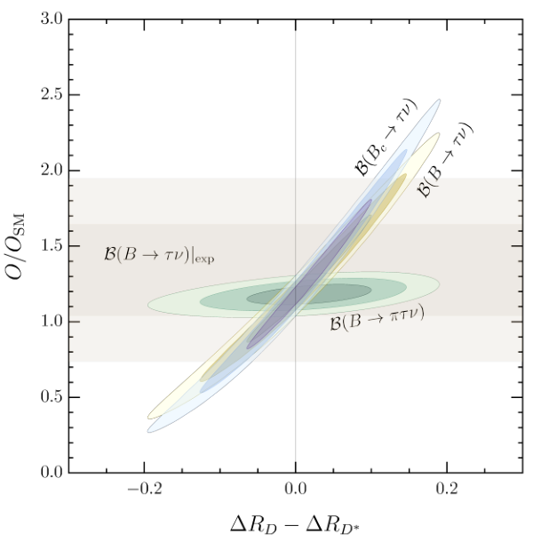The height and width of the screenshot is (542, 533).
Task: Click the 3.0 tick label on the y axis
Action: pos(52,19)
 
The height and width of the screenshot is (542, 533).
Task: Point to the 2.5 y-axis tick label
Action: pos(52,94)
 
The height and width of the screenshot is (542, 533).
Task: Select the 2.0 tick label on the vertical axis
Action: pos(52,171)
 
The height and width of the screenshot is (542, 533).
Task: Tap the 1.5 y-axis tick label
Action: pos(52,246)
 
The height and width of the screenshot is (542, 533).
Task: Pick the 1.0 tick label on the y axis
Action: pos(52,322)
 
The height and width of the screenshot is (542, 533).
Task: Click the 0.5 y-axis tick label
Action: pos(52,397)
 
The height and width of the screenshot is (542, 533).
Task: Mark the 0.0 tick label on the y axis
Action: pos(52,472)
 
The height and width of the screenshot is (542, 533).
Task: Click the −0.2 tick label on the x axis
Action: pos(145,489)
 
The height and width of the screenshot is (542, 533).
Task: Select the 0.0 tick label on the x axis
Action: pos(296,489)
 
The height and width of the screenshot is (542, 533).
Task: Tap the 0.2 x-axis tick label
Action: pos(447,489)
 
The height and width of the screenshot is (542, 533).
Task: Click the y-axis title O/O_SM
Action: pos(15,246)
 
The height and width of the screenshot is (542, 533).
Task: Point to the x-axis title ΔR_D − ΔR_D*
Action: pos(296,524)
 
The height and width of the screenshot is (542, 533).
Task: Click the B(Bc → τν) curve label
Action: pos(386,138)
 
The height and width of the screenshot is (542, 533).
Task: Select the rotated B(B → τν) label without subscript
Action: pos(445,161)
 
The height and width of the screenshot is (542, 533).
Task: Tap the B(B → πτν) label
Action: pos(378,319)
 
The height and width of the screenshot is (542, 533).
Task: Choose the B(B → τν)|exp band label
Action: pos(159,255)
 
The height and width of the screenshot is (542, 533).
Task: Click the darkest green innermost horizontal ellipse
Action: pos(309,294)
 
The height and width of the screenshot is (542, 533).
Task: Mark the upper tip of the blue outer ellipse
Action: pos(440,100)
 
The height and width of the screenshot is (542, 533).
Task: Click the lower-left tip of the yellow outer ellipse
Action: pos(148,418)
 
